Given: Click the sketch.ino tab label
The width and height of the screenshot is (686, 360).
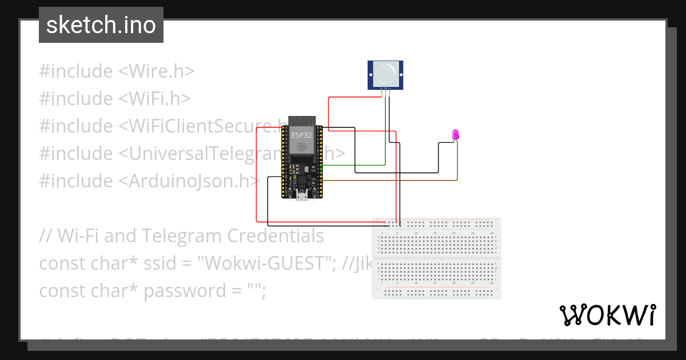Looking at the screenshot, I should tap(101, 25).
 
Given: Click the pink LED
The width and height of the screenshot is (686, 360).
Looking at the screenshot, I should tap(456, 135).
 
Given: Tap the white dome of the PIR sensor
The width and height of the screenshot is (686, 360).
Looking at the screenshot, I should tap(385, 74).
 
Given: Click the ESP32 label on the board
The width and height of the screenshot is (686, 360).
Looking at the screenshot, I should tap(301, 136).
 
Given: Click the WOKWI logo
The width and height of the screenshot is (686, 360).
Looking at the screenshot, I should tap(607, 315).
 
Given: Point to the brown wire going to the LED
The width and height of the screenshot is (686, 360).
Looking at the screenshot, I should tap(400, 181).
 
